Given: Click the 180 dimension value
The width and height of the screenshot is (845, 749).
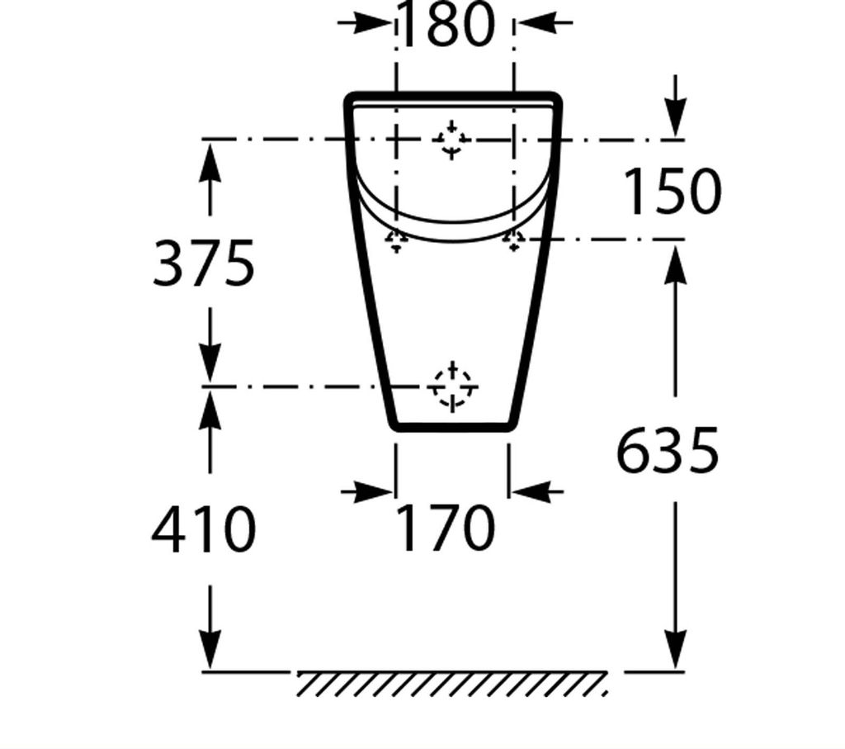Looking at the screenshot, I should click(446, 25).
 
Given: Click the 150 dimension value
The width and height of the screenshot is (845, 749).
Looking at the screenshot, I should click(671, 192).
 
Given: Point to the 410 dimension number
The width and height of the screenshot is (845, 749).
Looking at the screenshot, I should click(204, 529).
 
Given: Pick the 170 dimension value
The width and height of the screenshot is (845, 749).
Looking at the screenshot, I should click(446, 529).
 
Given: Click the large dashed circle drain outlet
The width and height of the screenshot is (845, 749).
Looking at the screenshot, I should click(452, 386).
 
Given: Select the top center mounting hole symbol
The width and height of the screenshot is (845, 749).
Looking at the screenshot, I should click(451, 139).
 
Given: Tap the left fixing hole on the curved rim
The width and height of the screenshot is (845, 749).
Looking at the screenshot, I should click(397, 239).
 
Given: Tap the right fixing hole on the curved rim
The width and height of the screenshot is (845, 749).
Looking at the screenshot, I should click(514, 239).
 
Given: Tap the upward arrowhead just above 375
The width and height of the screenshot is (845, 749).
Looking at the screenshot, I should click(211, 158).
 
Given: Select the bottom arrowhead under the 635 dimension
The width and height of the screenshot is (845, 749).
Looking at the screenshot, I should click(676, 652).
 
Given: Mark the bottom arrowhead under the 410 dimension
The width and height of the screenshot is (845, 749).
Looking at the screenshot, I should click(211, 652).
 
